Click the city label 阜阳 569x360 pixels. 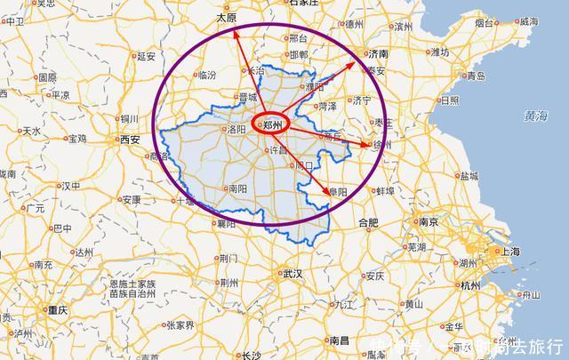click(338, 191)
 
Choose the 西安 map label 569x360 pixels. click(130, 140)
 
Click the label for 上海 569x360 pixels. click(509, 252)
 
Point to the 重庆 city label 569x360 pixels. click(59, 311)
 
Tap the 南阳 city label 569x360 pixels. click(237, 188)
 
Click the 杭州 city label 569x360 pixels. click(470, 285)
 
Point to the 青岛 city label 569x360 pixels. click(476, 76)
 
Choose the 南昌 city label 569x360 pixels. click(339, 340)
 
